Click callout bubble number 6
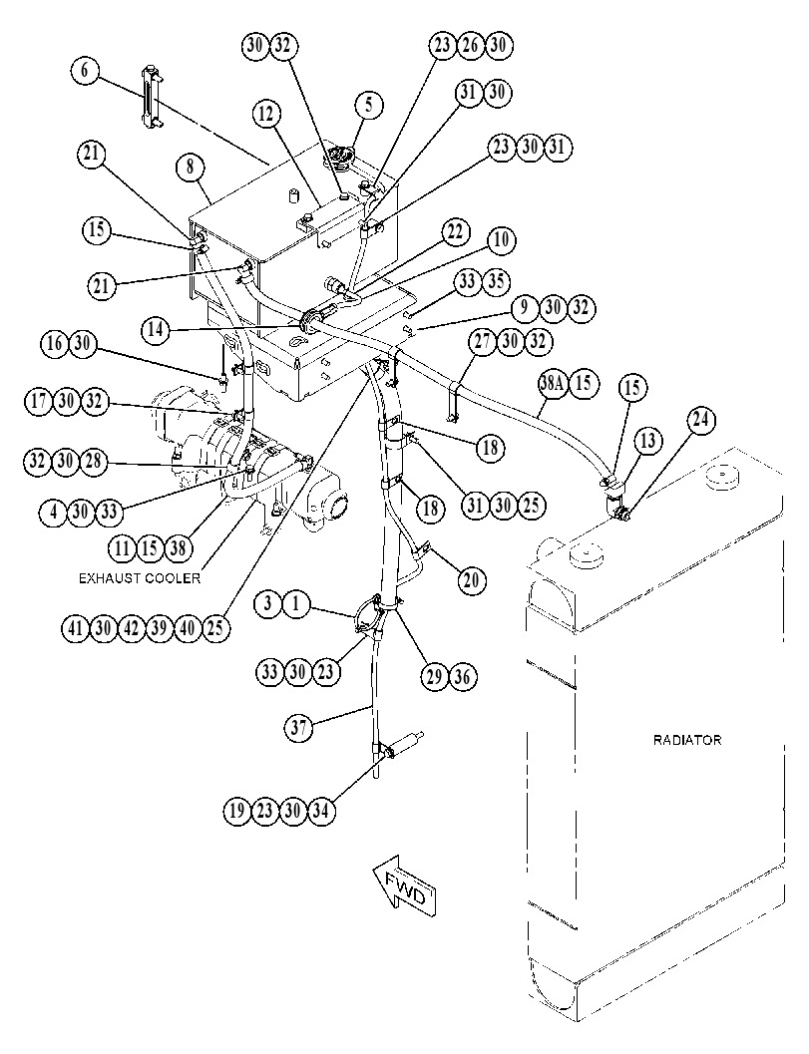tap(86, 71)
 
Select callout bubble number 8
tap(191, 167)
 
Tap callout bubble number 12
tap(267, 115)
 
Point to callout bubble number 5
tap(368, 105)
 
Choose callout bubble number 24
tap(700, 420)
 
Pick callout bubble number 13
tap(648, 441)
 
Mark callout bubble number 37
tap(299, 727)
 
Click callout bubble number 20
tap(471, 578)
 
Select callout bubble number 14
tap(156, 330)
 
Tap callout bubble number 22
tap(455, 232)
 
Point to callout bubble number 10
tap(501, 240)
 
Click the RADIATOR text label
tap(687, 740)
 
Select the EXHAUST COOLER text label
tap(140, 578)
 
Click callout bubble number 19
tap(236, 811)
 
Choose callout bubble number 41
tap(75, 628)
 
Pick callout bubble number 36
tap(462, 676)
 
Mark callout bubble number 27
tap(483, 341)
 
